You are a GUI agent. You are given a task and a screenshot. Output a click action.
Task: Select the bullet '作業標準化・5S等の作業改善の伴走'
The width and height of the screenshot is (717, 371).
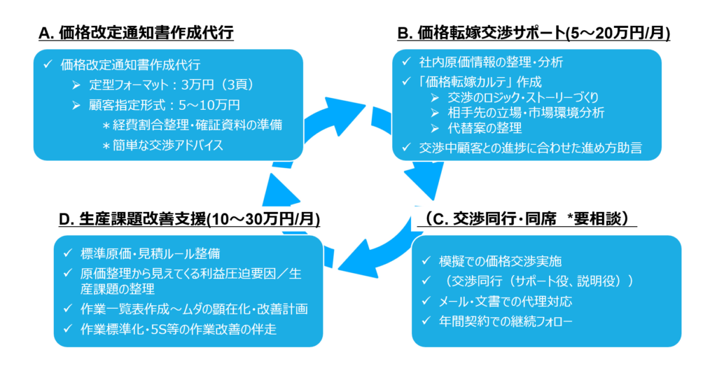coord(179,328)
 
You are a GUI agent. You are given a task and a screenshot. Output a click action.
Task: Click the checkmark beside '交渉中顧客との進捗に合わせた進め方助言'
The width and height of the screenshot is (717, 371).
coord(405,147)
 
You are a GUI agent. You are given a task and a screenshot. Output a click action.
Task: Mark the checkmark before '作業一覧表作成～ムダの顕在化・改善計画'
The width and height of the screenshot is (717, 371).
coord(67,309)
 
